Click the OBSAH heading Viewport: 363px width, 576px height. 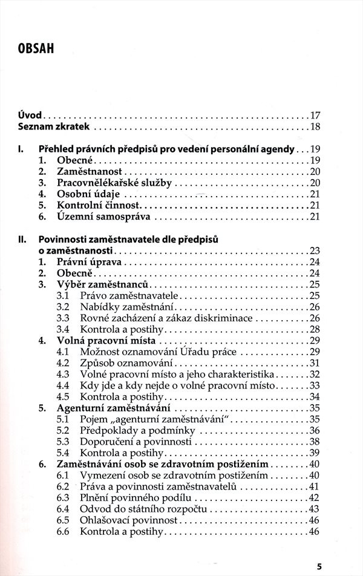pos(36,48)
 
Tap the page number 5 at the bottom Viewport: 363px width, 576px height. pos(319,567)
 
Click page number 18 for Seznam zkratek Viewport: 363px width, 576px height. pos(315,126)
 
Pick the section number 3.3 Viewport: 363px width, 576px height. pos(63,318)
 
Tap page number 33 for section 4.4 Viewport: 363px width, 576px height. pos(314,385)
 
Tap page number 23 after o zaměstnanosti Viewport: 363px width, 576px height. pos(314,251)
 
